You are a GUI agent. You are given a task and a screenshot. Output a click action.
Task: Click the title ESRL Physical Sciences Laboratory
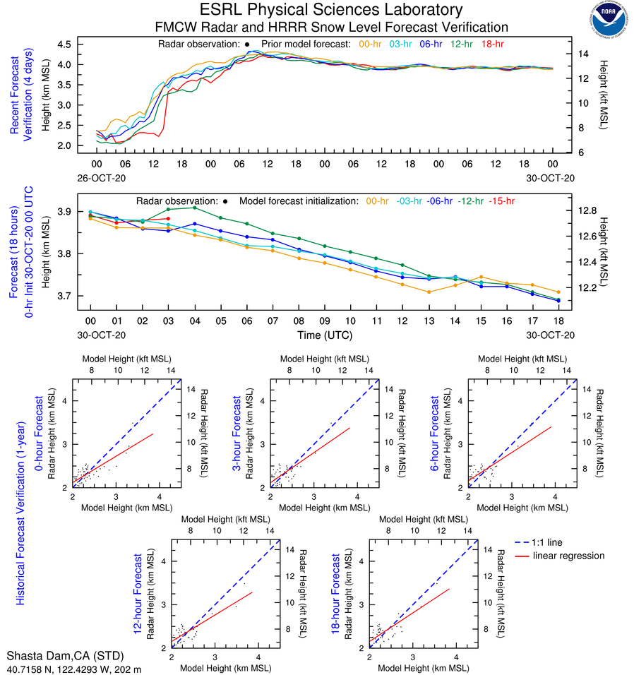click(331, 10)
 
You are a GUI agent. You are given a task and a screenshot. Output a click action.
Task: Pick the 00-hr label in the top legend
click(371, 44)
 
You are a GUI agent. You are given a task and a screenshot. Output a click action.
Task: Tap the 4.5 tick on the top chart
click(65, 44)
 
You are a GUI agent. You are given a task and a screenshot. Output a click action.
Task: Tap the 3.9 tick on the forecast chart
click(65, 212)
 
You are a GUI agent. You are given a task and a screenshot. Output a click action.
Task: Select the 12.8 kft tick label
click(587, 210)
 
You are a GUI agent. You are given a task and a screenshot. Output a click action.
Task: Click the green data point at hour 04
click(195, 208)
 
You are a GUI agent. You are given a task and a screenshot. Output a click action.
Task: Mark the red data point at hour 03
click(168, 219)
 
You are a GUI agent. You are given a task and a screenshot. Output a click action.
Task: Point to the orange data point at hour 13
click(429, 292)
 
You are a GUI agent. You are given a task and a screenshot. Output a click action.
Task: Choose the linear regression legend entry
click(569, 556)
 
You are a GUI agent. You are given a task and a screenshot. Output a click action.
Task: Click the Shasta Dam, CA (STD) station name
click(56, 655)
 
